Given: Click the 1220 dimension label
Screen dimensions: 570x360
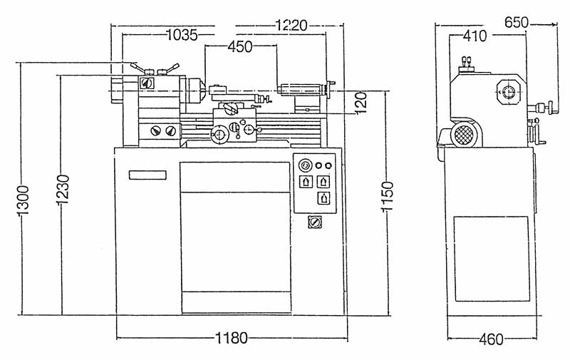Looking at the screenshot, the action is tap(291, 26).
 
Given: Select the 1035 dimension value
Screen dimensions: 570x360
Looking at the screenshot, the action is tap(182, 35).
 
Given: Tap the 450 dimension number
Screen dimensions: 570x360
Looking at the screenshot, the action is tap(240, 46).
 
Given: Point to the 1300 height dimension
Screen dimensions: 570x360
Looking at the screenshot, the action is tap(23, 200).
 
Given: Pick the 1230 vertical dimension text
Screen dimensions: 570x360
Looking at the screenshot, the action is tap(63, 189).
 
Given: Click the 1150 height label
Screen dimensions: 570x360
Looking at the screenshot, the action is tap(387, 196).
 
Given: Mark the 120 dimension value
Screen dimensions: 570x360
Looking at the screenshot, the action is tap(361, 103).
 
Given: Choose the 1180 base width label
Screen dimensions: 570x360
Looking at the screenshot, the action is tap(232, 338).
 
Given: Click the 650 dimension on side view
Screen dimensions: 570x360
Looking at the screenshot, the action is tap(517, 23).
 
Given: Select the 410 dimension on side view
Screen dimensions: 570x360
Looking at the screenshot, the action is tap(475, 36).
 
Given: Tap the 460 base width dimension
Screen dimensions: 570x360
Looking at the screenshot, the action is tap(491, 339).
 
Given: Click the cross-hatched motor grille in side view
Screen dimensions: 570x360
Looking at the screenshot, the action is tap(465, 135).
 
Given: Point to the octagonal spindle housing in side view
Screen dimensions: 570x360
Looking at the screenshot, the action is tap(509, 92).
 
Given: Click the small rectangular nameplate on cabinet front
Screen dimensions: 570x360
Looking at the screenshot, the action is tap(147, 175).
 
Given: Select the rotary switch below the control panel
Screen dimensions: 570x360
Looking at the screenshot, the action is tap(315, 222).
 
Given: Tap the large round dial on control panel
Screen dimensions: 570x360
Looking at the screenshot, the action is tap(306, 165).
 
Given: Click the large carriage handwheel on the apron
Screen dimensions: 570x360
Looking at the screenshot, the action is tap(219, 135).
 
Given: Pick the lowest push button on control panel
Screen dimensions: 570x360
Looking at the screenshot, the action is tap(323, 198).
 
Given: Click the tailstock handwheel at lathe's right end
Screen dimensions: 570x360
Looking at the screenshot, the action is tap(331, 89).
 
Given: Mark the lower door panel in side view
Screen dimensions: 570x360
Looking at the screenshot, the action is tap(492, 259).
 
